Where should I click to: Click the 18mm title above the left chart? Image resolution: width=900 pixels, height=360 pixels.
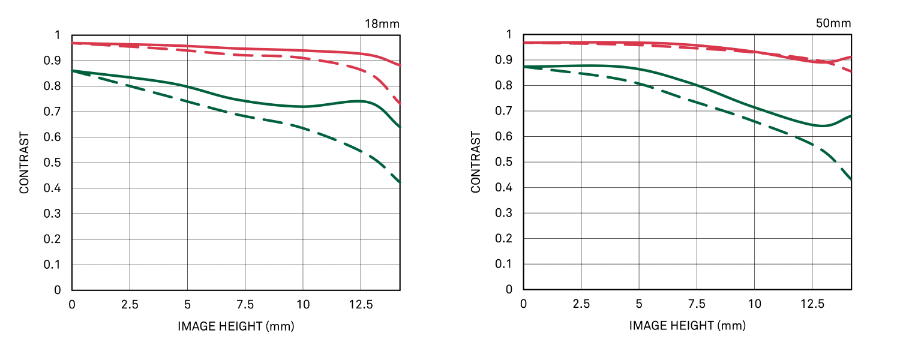point(382,24)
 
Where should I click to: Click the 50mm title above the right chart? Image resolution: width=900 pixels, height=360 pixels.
point(833,23)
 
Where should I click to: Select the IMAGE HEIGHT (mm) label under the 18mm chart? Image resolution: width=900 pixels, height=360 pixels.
point(236,326)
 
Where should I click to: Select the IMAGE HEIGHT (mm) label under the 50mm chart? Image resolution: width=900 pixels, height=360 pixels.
point(688,326)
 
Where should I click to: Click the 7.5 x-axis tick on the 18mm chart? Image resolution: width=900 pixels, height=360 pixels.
point(245,305)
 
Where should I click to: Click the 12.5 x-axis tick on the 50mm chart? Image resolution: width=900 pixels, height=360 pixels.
point(812,304)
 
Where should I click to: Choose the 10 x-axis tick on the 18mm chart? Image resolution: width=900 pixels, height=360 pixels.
point(302,305)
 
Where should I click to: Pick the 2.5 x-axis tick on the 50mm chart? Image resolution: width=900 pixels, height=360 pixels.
point(581,304)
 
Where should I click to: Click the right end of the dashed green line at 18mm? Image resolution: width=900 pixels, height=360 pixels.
point(400,182)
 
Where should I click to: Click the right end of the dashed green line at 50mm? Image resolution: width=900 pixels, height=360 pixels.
point(851,179)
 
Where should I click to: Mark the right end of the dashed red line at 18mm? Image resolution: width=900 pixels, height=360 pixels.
point(400,104)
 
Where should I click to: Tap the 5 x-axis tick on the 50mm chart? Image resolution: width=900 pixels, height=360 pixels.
point(638,304)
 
